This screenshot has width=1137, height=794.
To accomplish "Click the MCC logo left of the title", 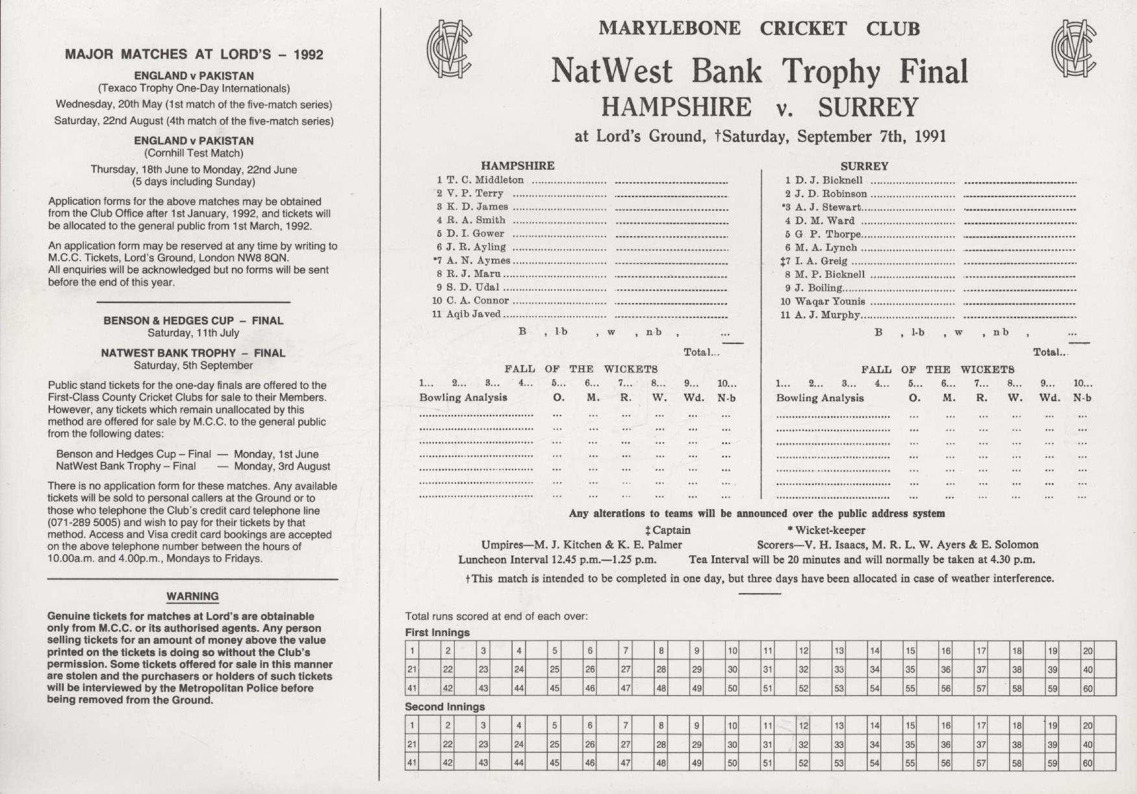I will (x=449, y=49).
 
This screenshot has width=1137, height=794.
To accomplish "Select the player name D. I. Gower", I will (x=475, y=233).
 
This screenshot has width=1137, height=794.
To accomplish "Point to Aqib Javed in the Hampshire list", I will (x=473, y=314).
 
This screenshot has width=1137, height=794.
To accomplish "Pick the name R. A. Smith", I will (x=476, y=220).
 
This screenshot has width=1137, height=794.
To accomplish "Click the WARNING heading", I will (x=192, y=596).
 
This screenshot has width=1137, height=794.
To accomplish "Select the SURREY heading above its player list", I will (x=864, y=166).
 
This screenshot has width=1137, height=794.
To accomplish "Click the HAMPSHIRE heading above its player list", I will (x=517, y=166).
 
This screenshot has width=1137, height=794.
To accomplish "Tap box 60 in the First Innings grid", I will (x=1098, y=687).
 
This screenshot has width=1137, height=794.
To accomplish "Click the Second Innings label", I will (x=444, y=707).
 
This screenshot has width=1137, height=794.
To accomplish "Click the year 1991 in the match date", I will (x=930, y=137).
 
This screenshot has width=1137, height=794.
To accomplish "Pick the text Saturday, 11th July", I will (x=193, y=333).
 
